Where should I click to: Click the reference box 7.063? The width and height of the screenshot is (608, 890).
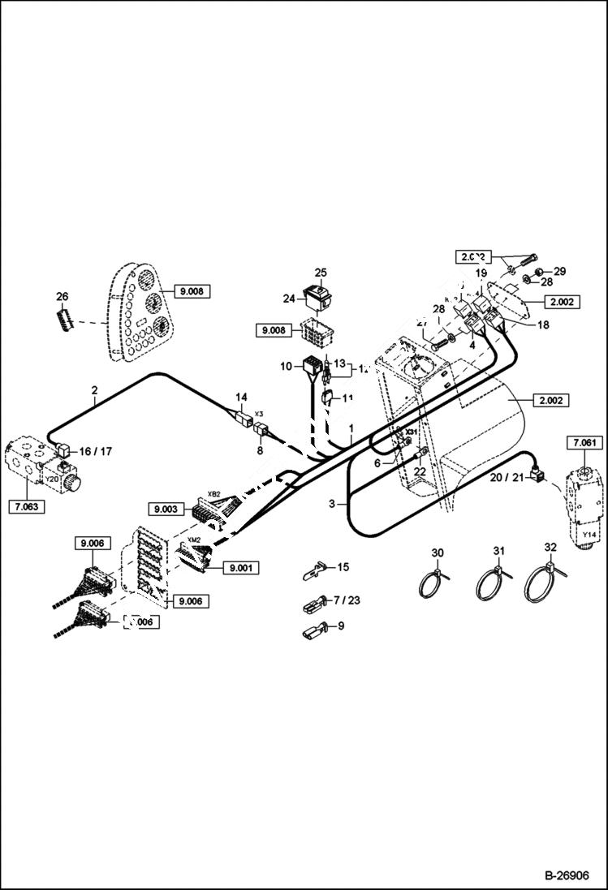(27, 508)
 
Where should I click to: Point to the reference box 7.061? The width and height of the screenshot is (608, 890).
(584, 442)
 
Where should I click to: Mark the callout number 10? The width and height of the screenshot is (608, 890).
(285, 367)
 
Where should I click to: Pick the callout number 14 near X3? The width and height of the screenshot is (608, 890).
(240, 398)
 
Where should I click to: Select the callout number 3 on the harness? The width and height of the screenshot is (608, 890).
(331, 504)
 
